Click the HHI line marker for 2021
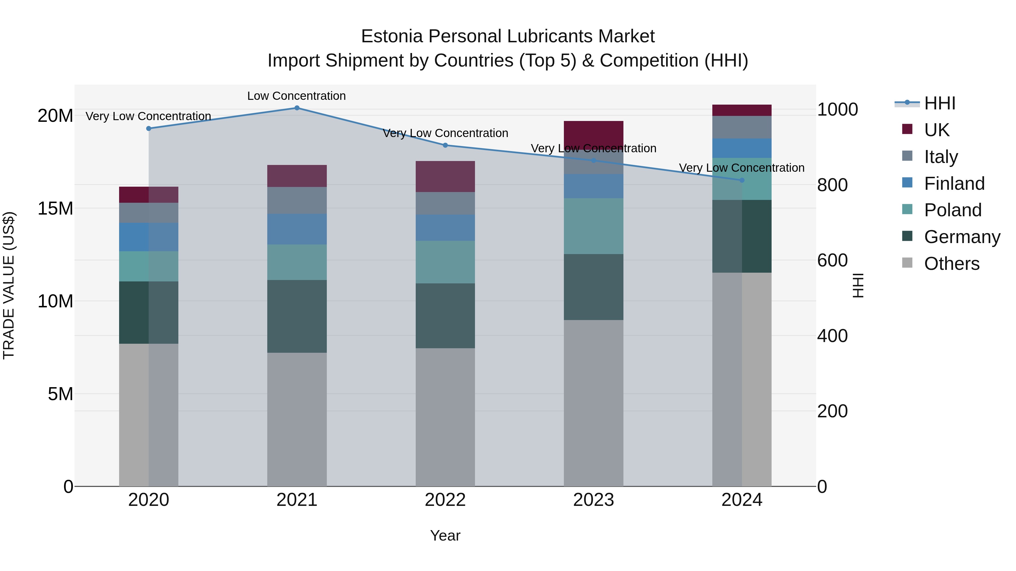[x=297, y=108]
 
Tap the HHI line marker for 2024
[x=742, y=180]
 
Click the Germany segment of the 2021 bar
[x=297, y=316]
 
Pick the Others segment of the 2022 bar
[x=445, y=417]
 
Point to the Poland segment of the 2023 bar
[x=594, y=226]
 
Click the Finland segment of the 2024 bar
[x=742, y=148]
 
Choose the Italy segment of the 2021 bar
[x=297, y=200]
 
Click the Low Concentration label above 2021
[x=297, y=96]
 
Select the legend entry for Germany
[x=962, y=237]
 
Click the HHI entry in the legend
[x=940, y=103]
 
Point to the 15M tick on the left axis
[x=55, y=208]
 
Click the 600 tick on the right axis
[x=832, y=261]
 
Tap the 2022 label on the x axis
[x=445, y=500]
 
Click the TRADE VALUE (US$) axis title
[x=9, y=285]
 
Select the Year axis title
[x=445, y=535]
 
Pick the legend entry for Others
[x=951, y=264]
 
